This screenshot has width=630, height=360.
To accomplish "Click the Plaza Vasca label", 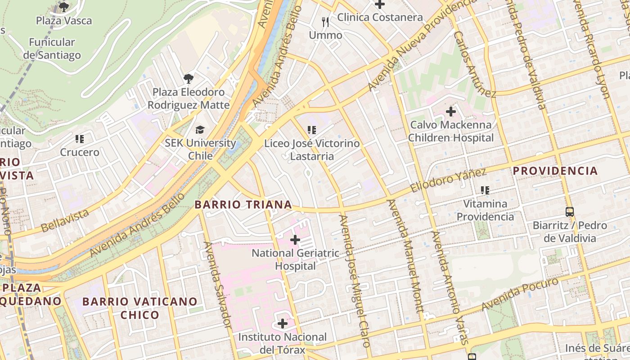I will (x=64, y=21).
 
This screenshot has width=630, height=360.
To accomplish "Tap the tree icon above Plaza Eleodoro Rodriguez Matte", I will (x=189, y=79).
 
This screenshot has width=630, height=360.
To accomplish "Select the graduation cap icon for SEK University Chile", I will (x=199, y=130).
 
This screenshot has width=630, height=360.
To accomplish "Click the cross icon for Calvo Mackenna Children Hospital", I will (x=450, y=111).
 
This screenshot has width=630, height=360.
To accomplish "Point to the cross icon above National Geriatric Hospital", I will (x=295, y=240).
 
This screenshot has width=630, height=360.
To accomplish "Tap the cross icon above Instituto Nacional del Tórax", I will (x=283, y=324).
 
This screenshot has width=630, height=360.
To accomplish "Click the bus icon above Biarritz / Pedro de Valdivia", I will (x=570, y=211).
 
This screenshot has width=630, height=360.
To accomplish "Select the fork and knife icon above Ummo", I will (x=325, y=22).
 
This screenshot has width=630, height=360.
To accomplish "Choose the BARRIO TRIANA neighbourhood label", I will (x=243, y=205).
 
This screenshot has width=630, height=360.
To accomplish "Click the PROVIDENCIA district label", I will (x=555, y=171).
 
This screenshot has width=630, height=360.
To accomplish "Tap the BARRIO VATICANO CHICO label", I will (x=140, y=308).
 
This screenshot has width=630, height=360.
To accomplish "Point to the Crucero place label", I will (x=80, y=153).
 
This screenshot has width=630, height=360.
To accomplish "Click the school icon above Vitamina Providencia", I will (x=485, y=190).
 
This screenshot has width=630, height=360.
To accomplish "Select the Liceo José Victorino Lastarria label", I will (x=312, y=150).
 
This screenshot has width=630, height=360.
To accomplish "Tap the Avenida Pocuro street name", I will (x=520, y=294).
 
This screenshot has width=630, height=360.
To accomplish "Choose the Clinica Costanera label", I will (x=380, y=18).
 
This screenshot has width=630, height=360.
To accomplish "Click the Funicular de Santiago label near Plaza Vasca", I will (x=52, y=49).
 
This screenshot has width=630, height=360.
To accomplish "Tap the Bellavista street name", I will (x=65, y=220).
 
